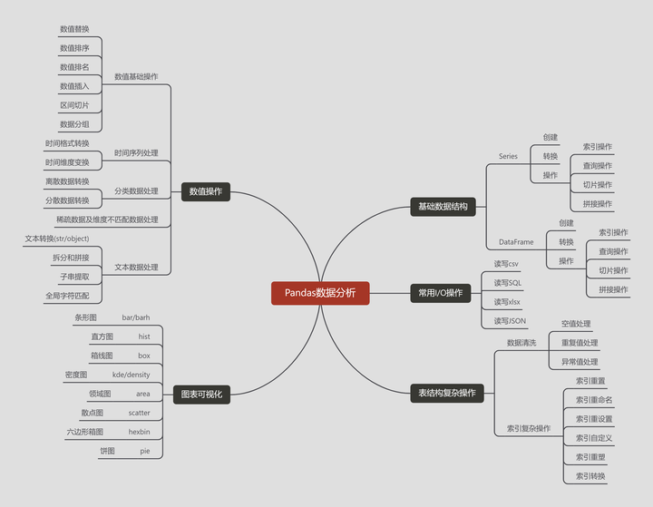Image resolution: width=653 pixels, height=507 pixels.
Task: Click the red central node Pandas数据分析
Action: [x=320, y=293]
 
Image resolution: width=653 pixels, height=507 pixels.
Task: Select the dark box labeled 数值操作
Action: [x=206, y=191]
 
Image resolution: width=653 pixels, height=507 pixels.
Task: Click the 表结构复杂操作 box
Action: [x=446, y=393]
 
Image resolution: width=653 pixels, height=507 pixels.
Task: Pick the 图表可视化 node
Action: [x=201, y=394]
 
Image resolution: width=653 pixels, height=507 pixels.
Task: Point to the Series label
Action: [x=508, y=156]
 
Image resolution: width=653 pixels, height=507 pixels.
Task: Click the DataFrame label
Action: [x=516, y=242]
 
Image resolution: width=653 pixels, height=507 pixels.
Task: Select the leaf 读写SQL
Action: [x=508, y=283]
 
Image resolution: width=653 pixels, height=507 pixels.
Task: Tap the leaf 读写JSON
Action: [x=510, y=320]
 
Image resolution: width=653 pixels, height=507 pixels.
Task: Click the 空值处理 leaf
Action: [x=576, y=324]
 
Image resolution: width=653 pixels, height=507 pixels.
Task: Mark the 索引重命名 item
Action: [x=594, y=400]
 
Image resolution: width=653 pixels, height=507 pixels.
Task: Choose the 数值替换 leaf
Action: [x=74, y=29]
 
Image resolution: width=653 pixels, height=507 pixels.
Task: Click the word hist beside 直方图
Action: [x=144, y=336]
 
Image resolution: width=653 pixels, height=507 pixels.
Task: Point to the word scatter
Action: [x=139, y=413]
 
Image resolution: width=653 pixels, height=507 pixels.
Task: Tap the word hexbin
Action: [x=139, y=432]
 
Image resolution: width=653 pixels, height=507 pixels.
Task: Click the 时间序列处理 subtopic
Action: [x=136, y=152]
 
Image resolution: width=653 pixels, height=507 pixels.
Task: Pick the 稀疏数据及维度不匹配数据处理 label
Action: [x=107, y=219]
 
